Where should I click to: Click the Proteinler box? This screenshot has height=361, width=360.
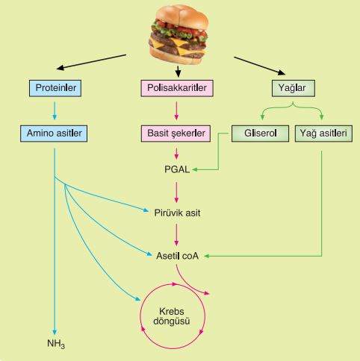click(x=55, y=88)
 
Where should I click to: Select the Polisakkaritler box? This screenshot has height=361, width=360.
click(x=177, y=88)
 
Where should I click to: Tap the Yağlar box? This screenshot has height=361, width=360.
click(x=294, y=88)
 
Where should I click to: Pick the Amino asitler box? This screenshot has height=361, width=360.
click(x=54, y=134)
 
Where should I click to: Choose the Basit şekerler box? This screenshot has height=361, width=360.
click(x=176, y=134)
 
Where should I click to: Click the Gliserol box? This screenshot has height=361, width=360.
click(x=260, y=134)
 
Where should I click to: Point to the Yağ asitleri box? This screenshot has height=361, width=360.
click(x=323, y=134)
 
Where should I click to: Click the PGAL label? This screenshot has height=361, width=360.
click(x=177, y=169)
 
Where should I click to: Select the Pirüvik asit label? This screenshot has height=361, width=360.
click(x=177, y=213)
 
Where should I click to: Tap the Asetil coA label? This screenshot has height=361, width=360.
click(x=177, y=256)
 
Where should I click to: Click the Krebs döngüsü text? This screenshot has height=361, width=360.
click(x=172, y=316)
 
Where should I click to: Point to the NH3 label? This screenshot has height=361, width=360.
click(x=56, y=344)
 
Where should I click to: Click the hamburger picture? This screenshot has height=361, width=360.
click(x=179, y=35)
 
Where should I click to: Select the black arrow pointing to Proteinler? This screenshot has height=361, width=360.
click(x=91, y=62)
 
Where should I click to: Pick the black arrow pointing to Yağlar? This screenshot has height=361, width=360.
click(x=260, y=66)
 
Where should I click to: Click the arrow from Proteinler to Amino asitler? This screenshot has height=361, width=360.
click(x=55, y=110)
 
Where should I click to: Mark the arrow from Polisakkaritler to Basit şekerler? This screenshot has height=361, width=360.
click(x=176, y=110)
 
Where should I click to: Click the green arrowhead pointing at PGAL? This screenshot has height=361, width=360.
click(x=195, y=169)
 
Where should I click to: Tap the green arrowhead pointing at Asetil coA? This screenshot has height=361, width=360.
click(x=207, y=256)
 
